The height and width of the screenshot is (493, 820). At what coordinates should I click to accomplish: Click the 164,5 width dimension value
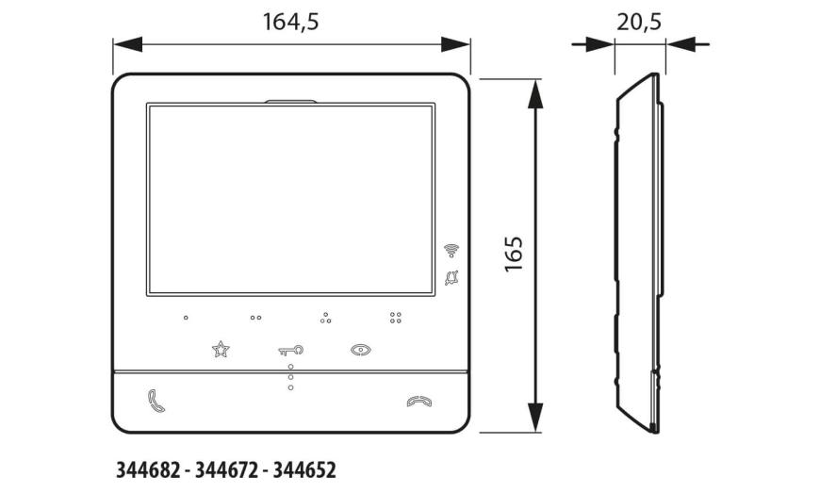pyautogui.click(x=290, y=22)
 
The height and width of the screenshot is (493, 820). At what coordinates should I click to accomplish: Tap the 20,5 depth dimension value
pyautogui.click(x=639, y=22)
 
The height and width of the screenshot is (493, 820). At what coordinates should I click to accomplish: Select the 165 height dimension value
pyautogui.click(x=514, y=255)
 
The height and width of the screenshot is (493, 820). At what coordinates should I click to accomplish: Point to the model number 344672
pyautogui.click(x=226, y=470)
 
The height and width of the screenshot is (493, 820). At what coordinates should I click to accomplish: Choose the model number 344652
pyautogui.click(x=304, y=470)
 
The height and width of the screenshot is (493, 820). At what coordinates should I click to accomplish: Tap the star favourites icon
pyautogui.click(x=221, y=349)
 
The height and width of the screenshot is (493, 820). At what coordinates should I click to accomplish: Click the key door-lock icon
pyautogui.click(x=290, y=351)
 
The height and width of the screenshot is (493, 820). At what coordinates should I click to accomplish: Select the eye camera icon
pyautogui.click(x=361, y=350)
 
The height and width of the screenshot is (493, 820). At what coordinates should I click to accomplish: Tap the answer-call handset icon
pyautogui.click(x=156, y=401)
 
